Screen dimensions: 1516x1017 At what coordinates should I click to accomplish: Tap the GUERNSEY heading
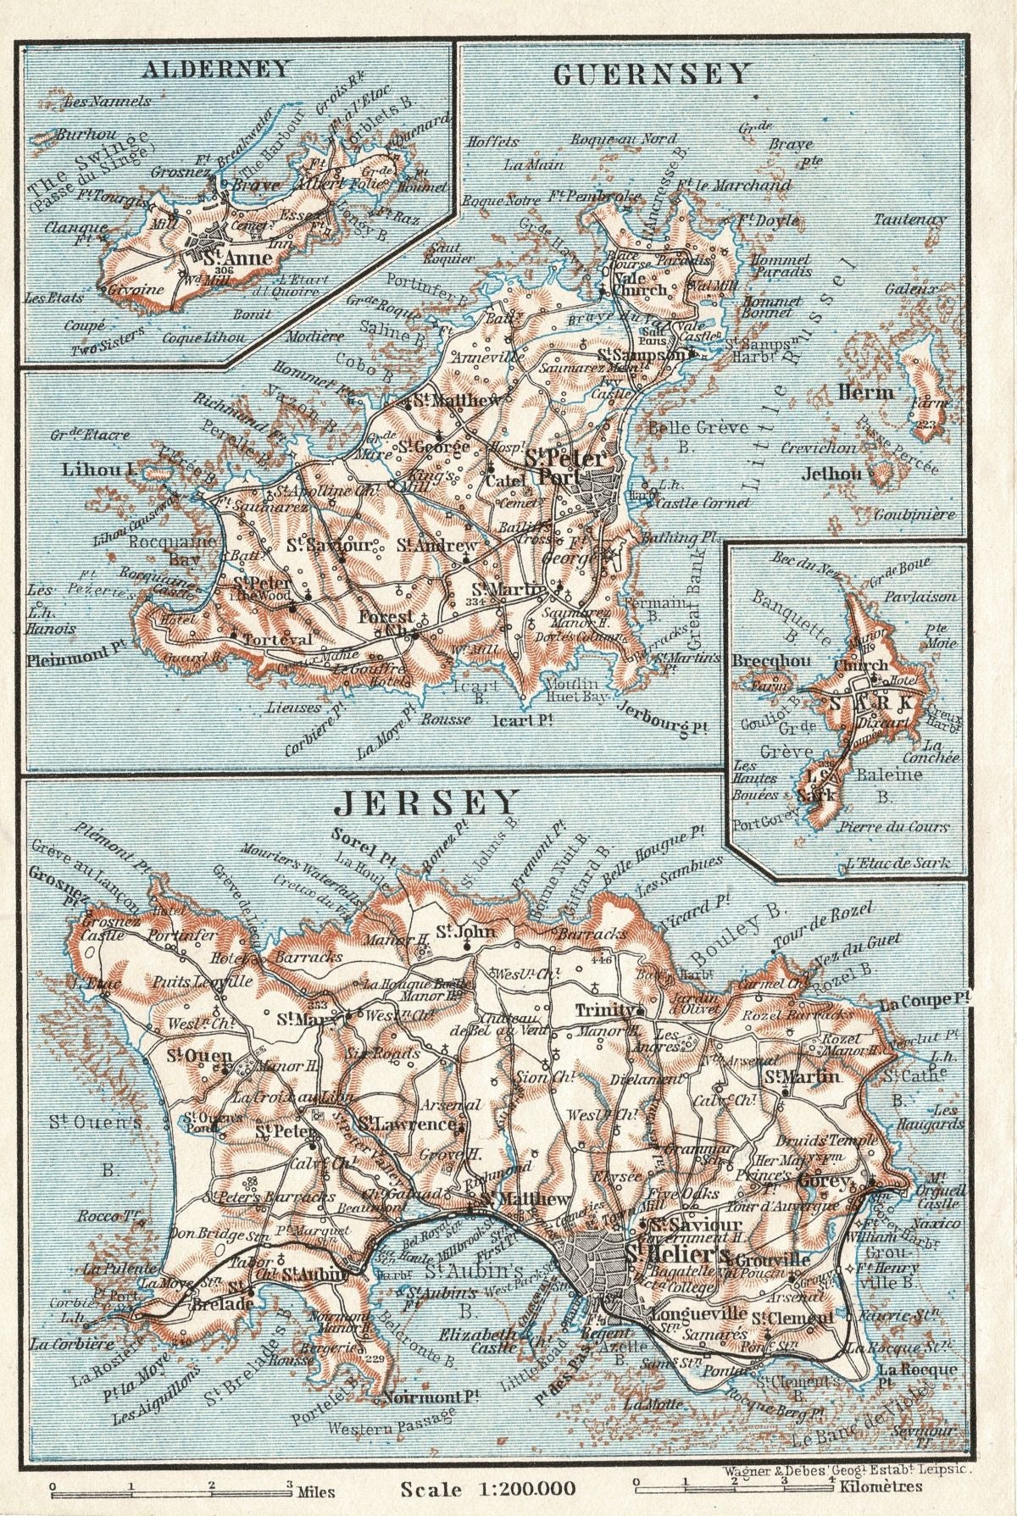(652, 75)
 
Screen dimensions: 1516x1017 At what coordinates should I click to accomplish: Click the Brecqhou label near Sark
(760, 661)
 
